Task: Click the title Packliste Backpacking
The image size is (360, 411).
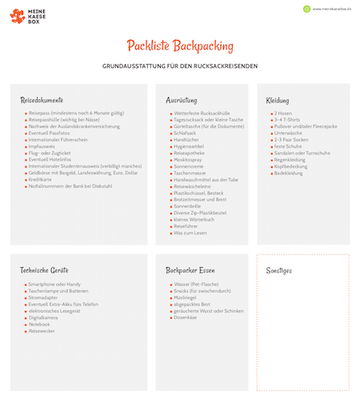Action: pyautogui.click(x=179, y=46)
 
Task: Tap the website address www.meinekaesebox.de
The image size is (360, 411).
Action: pyautogui.click(x=332, y=9)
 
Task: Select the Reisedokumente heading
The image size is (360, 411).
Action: pyautogui.click(x=42, y=100)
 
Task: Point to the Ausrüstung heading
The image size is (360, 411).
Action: pyautogui.click(x=182, y=100)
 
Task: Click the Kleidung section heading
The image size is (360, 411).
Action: pyautogui.click(x=278, y=100)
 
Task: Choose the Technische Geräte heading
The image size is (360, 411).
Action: pyautogui.click(x=45, y=270)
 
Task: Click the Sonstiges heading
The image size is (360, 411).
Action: pyautogui.click(x=279, y=270)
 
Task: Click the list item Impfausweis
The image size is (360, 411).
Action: pyautogui.click(x=43, y=146)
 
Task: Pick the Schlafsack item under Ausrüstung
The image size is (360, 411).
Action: pyautogui.click(x=188, y=133)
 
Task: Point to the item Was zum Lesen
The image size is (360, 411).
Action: pyautogui.click(x=190, y=232)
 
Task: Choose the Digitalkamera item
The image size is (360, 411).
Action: pyautogui.click(x=43, y=317)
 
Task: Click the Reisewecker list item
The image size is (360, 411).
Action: pyautogui.click(x=42, y=330)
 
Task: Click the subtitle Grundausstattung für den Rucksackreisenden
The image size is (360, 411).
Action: pyautogui.click(x=179, y=66)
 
